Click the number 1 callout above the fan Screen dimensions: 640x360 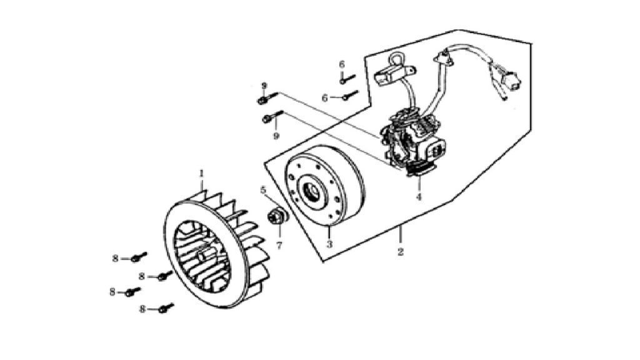(x=201, y=174)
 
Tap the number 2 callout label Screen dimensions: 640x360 (x=401, y=252)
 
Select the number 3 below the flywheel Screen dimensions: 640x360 (x=329, y=244)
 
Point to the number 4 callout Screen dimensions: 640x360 (x=418, y=197)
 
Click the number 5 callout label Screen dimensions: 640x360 (x=263, y=190)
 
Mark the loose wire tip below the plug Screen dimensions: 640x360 (x=504, y=97)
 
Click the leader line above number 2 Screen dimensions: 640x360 (x=401, y=235)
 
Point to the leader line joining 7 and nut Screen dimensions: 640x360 (x=279, y=232)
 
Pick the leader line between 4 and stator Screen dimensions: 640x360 (x=418, y=184)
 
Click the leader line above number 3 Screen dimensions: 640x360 (x=329, y=233)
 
